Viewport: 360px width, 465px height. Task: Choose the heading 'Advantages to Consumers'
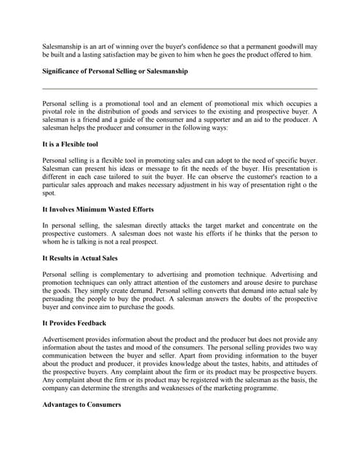tap(81, 404)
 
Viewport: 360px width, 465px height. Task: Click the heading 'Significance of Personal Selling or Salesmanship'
tap(115, 71)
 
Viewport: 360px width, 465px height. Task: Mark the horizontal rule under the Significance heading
tap(180, 88)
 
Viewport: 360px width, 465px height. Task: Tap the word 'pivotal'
tap(54, 112)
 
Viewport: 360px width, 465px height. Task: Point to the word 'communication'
tap(67, 357)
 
